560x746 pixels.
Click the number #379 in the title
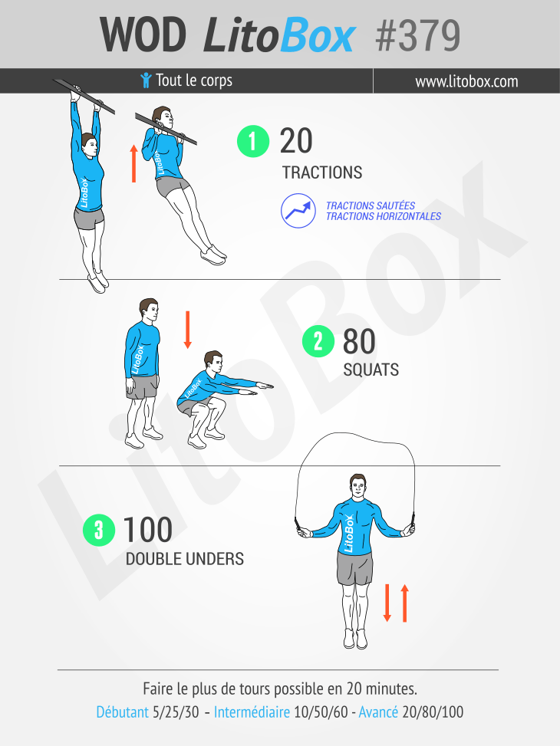(x=417, y=35)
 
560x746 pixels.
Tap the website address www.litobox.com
(x=466, y=81)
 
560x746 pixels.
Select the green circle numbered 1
(x=253, y=141)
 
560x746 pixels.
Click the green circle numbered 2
(x=318, y=341)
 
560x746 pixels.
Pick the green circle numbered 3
(x=99, y=530)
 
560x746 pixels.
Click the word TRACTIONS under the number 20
(x=322, y=173)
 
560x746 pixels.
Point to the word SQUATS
(x=371, y=370)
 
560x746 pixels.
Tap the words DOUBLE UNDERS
(x=185, y=559)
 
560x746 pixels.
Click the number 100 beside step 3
(x=147, y=530)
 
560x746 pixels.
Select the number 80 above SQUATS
(x=359, y=341)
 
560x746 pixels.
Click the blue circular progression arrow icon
(x=298, y=211)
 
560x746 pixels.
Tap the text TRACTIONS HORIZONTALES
(x=384, y=216)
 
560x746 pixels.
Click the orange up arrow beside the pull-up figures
(x=133, y=163)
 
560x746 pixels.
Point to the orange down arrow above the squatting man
(x=188, y=330)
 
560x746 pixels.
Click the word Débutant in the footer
(x=123, y=712)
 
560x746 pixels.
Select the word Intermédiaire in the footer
(x=252, y=712)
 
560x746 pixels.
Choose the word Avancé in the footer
(x=378, y=712)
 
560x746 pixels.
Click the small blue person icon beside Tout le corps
(x=147, y=81)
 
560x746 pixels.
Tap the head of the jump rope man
(x=357, y=486)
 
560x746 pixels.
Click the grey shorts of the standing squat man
(x=142, y=386)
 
